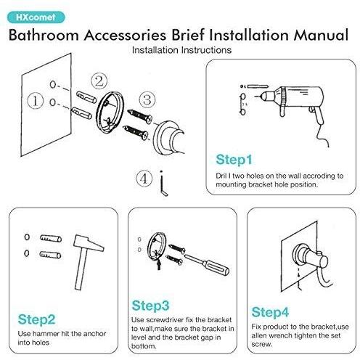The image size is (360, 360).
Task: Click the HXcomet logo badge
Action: coord(36,17)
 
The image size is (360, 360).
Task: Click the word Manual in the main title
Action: coord(321,35)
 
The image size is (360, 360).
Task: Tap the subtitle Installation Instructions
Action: coord(181,50)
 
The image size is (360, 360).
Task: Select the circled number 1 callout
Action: coord(36,101)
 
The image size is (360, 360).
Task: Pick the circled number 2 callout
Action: coord(99,81)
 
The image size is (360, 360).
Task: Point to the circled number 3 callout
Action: coord(147,99)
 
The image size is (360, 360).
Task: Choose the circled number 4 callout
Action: coord(144,179)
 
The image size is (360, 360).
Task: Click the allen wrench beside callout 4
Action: coord(163,184)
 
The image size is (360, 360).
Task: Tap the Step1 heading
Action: coord(234,160)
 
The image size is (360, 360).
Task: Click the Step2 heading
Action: coord(36,319)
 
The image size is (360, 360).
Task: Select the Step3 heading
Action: coord(150,306)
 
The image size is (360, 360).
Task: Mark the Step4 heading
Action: coord(270,312)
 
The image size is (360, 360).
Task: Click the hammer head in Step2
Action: coord(89,243)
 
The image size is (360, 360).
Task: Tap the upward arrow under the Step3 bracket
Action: coord(159,264)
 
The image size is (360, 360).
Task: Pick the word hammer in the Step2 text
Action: coord(46,334)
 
